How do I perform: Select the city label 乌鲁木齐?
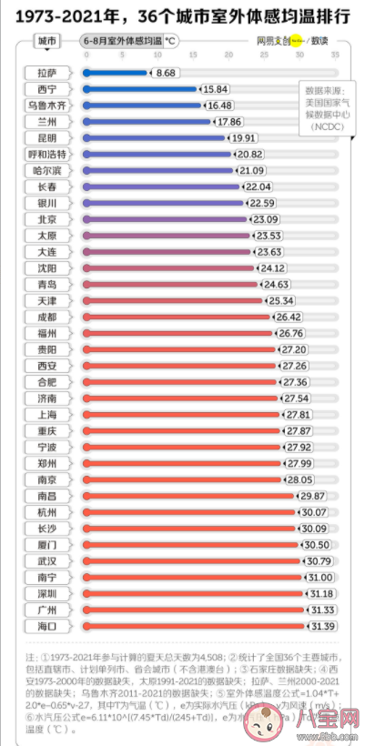coord(46,105)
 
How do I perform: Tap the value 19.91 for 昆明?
coord(244,137)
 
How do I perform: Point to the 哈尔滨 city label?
coord(46,170)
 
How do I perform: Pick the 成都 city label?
coord(46,317)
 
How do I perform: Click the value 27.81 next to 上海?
coord(299,414)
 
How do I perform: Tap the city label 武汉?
coord(46,560)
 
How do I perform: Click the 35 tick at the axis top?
coord(335,55)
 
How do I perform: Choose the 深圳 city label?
coord(46,593)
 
